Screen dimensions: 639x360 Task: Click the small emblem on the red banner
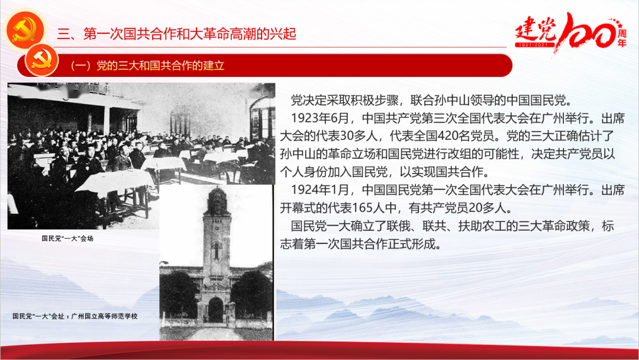[41, 61]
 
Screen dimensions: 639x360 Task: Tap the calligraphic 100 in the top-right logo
[588, 31]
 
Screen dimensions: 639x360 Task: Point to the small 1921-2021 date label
[534, 44]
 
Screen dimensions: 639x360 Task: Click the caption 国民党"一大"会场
[67, 239]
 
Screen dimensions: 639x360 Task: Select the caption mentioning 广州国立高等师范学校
[75, 316]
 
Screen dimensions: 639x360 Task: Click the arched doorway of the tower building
[215, 310]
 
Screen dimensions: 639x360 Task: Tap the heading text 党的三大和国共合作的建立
[160, 66]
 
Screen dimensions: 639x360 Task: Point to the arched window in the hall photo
[262, 118]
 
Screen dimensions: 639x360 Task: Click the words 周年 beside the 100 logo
[621, 37]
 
